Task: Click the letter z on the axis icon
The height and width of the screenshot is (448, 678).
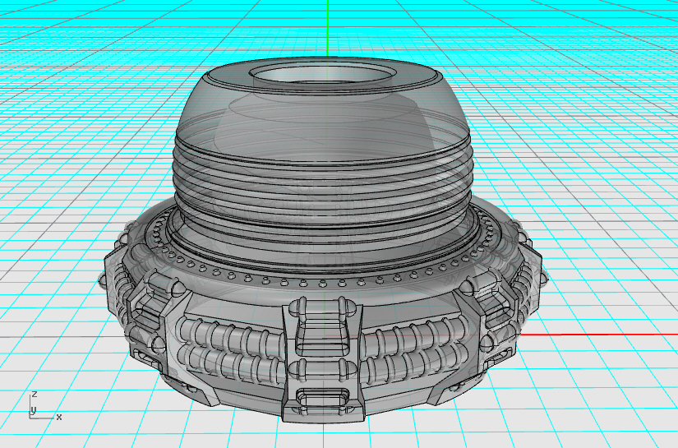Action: [34, 395]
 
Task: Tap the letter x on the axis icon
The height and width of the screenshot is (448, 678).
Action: [59, 417]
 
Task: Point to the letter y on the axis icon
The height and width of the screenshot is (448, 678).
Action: [33, 409]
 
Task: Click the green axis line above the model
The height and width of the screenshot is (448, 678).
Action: [327, 29]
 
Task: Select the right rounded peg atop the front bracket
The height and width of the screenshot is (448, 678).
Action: [348, 308]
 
